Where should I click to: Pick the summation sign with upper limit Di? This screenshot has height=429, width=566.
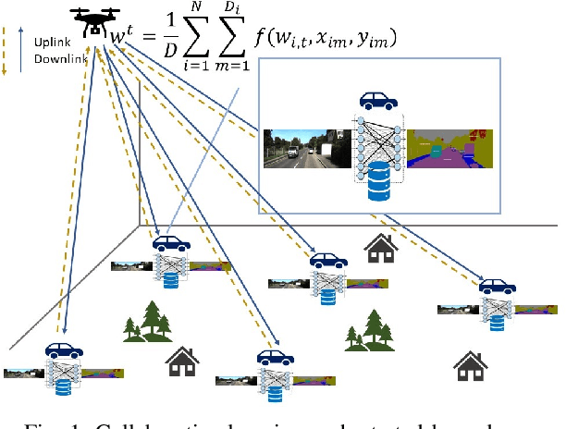click(255, 34)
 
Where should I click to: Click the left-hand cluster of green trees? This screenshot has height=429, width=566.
click(149, 320)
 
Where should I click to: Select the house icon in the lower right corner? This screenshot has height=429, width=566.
click(469, 365)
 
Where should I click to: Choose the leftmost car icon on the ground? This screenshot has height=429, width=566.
click(63, 350)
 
